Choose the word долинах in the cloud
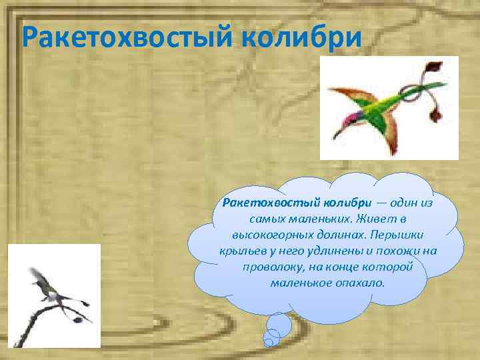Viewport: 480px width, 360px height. click(x=341, y=235)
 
